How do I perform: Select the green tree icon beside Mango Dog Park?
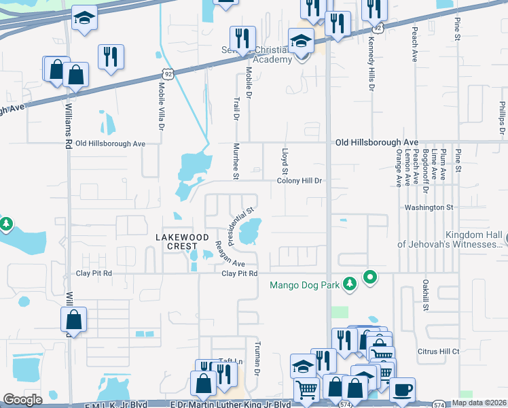[350, 283]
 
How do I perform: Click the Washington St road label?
[428, 207]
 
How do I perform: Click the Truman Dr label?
[257, 368]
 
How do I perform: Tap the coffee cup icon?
[402, 390]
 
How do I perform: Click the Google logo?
[23, 400]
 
